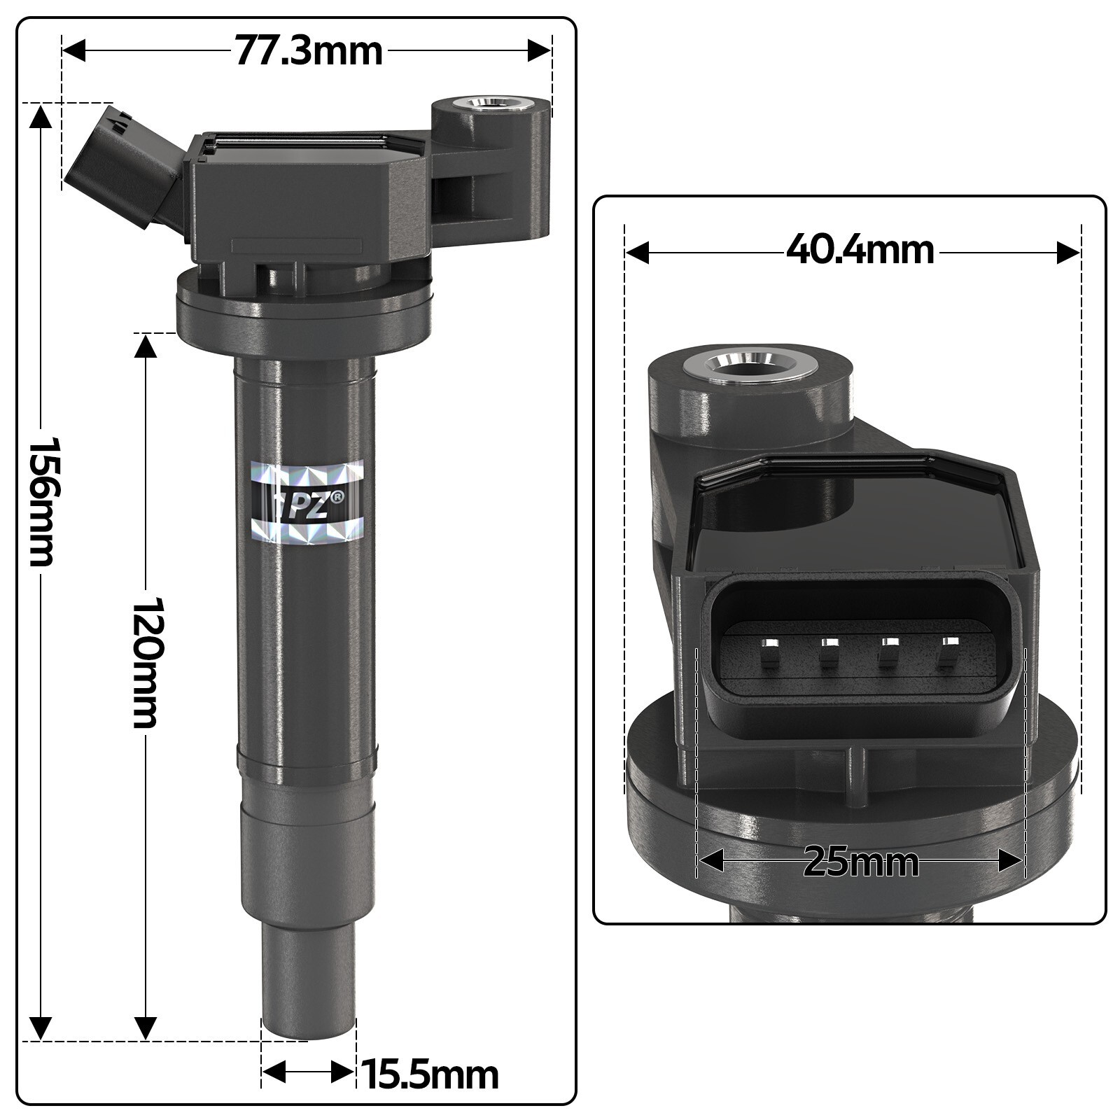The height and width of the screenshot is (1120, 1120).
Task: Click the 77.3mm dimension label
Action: tap(308, 51)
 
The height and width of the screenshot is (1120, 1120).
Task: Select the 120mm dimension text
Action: tap(147, 661)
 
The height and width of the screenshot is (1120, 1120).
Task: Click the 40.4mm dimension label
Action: tap(860, 250)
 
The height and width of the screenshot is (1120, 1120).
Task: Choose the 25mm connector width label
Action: tap(860, 862)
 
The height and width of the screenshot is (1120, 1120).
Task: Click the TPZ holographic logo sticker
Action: tap(308, 501)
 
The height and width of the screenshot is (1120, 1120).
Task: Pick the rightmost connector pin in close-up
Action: tap(948, 652)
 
